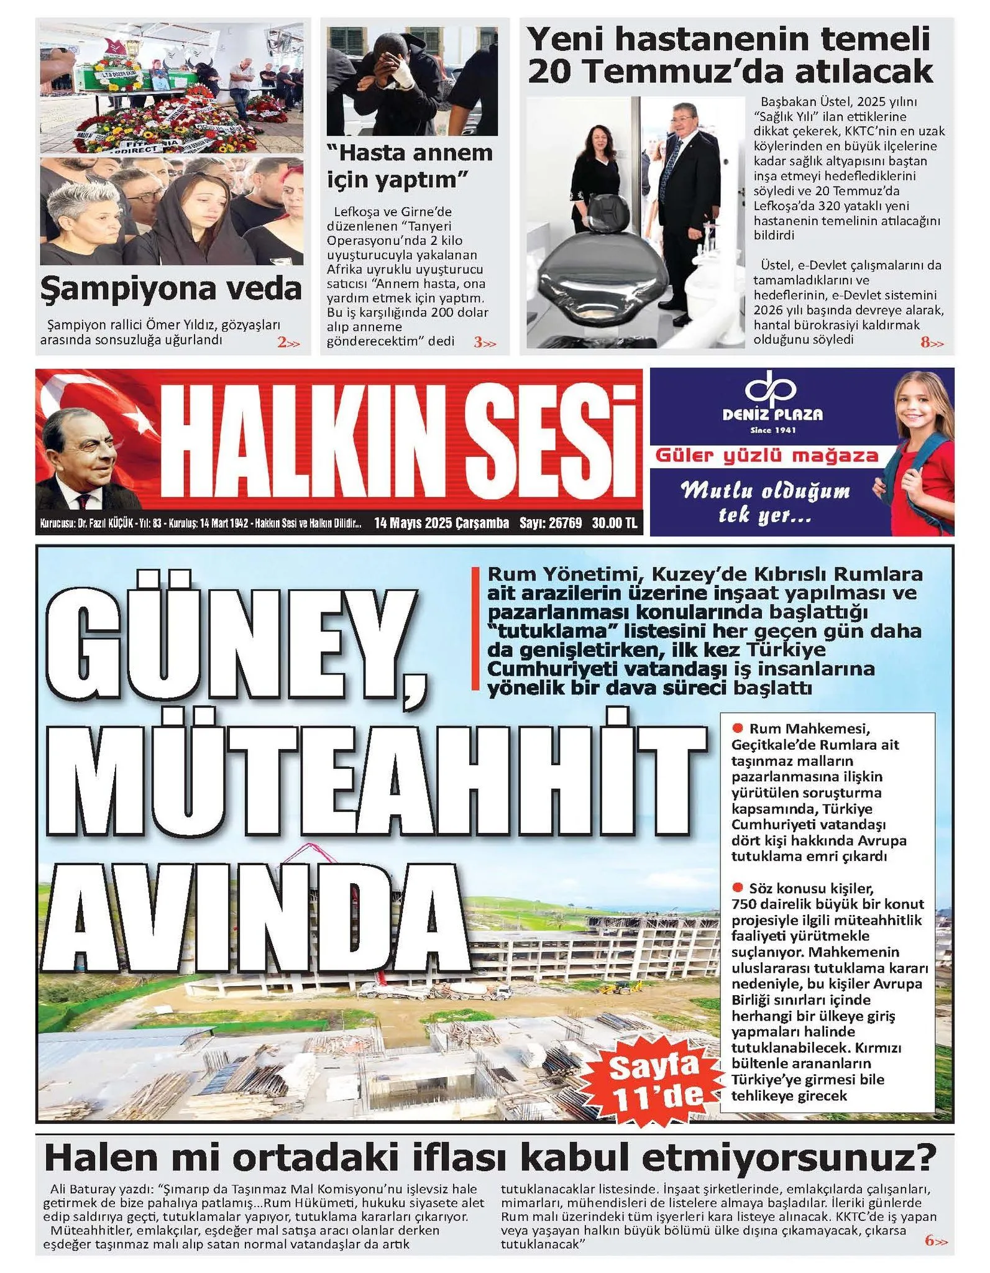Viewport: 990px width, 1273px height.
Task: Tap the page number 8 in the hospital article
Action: (x=925, y=342)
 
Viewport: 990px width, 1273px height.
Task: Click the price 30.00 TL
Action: (x=614, y=523)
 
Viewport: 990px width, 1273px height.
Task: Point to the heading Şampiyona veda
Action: (x=171, y=288)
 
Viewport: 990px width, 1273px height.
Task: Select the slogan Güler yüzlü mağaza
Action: (x=767, y=456)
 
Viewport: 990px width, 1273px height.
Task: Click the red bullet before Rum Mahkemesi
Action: (x=738, y=728)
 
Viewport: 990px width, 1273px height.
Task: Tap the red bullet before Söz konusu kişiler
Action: (x=738, y=888)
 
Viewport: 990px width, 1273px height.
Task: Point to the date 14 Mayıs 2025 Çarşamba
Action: (x=441, y=523)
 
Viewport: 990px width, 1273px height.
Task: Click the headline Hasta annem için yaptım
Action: (x=410, y=166)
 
